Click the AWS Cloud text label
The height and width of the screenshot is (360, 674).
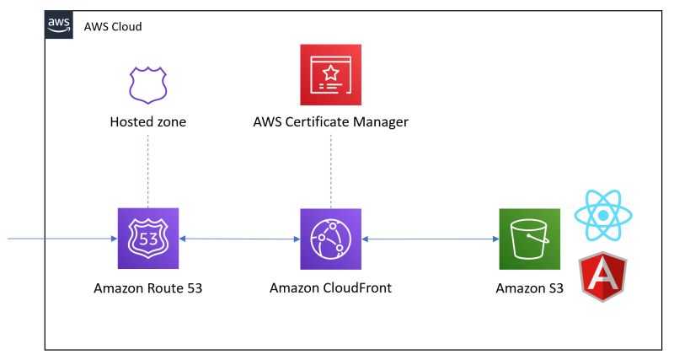113,26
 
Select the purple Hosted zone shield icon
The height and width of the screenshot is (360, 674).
147,83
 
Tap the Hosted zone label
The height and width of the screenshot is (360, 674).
148,122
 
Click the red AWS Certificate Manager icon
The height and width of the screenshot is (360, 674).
330,75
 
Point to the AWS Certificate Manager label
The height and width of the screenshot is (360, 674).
330,122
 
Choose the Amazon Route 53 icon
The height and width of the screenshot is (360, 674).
147,239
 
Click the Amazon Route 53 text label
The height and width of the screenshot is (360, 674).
147,288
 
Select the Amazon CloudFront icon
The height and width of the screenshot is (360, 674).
330,239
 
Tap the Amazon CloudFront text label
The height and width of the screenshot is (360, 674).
330,288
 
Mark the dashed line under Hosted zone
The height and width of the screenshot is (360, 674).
148,169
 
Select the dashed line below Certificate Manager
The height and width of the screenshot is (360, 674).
330,169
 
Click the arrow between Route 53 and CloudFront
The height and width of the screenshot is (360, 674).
239,239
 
